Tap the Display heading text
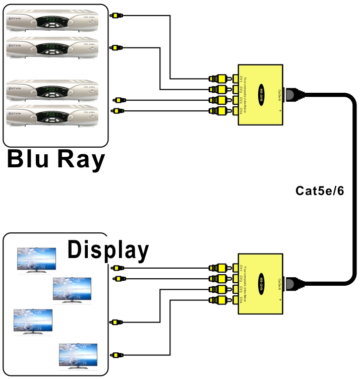point(108,249)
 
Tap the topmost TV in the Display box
point(36,260)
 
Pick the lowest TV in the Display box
point(78,357)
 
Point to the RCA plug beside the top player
point(116,16)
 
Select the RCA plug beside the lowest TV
point(116,354)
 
